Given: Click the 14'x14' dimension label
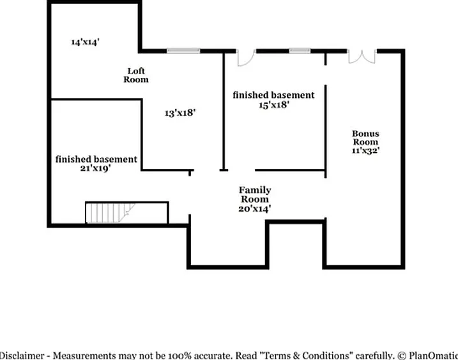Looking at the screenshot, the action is point(86,42).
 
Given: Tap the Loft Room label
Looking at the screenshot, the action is point(136,75).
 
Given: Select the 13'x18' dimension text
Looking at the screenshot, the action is point(180,113).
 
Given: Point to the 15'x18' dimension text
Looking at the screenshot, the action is point(274,105).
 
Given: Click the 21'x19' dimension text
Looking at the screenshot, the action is point(95,168).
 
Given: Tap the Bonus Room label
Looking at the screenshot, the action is point(365,137).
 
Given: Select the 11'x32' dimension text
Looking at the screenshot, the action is point(366,151).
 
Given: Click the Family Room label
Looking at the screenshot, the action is point(255,194).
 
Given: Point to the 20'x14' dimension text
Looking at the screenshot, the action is point(254,208).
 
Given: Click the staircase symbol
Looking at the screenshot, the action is point(111,213).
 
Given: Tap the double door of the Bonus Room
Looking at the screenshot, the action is point(362,57).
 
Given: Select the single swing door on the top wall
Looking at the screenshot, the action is point(246,58).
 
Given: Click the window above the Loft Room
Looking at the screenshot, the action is point(183,51).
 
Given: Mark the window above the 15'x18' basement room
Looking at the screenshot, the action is point(300,51).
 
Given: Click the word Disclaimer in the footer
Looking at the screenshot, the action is point(22,356).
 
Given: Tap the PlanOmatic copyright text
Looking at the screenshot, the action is point(427,356).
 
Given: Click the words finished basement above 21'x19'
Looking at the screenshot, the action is point(96,159).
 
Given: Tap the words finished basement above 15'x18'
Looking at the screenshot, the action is point(273,95).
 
